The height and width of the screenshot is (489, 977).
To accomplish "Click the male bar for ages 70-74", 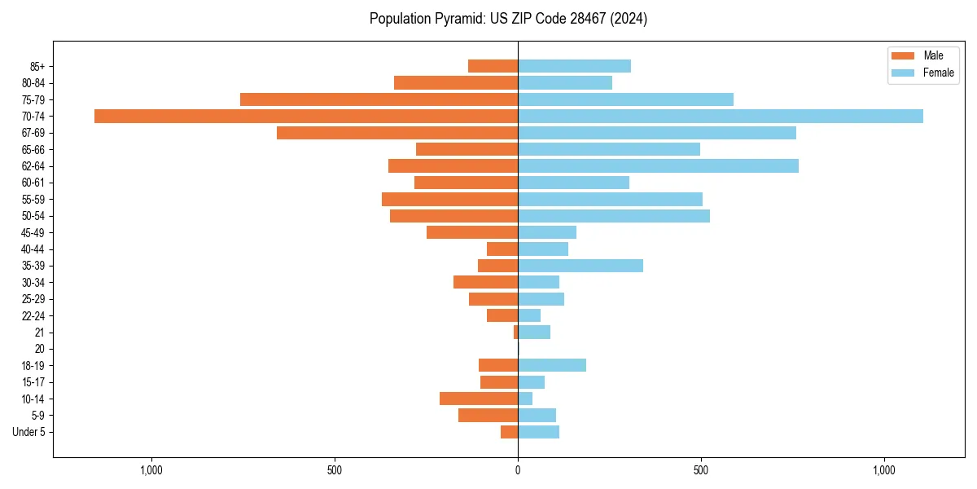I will click(x=306, y=116).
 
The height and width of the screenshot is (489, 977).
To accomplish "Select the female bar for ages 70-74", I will click(x=721, y=116).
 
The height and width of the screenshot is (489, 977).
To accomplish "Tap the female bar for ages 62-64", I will click(x=658, y=166).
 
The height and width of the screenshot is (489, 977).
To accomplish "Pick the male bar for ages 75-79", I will click(x=379, y=99).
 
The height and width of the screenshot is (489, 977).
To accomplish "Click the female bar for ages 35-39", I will click(x=581, y=266).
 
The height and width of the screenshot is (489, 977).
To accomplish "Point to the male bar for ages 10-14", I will click(x=479, y=399).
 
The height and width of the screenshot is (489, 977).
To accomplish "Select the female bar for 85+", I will click(x=574, y=66).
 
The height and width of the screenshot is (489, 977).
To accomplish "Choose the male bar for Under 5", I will click(x=510, y=432).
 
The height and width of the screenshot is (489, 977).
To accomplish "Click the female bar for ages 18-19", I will click(x=552, y=365).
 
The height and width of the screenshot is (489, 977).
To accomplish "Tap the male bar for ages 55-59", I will click(x=449, y=199).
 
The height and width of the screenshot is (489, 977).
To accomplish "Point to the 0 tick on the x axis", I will click(x=518, y=470).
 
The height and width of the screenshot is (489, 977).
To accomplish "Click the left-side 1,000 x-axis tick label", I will click(x=151, y=470).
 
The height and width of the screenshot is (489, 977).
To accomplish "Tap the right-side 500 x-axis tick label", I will click(x=701, y=470).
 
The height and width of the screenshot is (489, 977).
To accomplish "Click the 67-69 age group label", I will click(x=33, y=133).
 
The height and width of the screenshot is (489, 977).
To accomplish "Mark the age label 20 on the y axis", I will click(x=39, y=349).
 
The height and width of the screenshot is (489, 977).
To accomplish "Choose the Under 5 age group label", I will click(x=28, y=432).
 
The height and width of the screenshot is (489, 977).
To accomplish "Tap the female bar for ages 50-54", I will click(x=614, y=216).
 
